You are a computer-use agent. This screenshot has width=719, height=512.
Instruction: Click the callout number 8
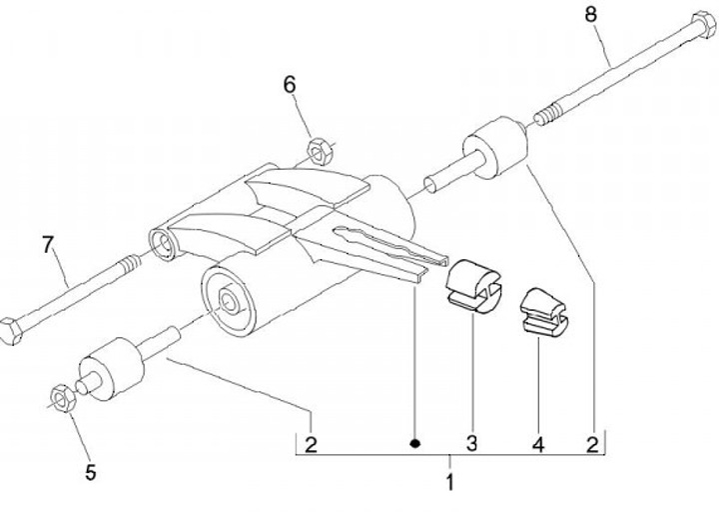point(590,14)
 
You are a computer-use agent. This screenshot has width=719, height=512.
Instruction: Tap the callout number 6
point(290,85)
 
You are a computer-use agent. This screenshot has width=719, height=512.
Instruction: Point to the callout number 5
point(91,472)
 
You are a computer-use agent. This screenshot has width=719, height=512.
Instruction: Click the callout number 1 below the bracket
point(449,484)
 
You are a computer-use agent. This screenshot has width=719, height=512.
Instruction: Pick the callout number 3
point(472,441)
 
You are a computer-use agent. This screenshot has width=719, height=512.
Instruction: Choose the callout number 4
point(538,441)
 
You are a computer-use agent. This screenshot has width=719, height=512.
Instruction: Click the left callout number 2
point(312,441)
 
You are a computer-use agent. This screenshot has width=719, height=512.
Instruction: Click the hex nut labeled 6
point(321,150)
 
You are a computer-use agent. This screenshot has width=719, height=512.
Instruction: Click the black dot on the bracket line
point(415,441)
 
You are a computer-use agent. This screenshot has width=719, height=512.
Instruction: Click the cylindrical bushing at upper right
point(495,148)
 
